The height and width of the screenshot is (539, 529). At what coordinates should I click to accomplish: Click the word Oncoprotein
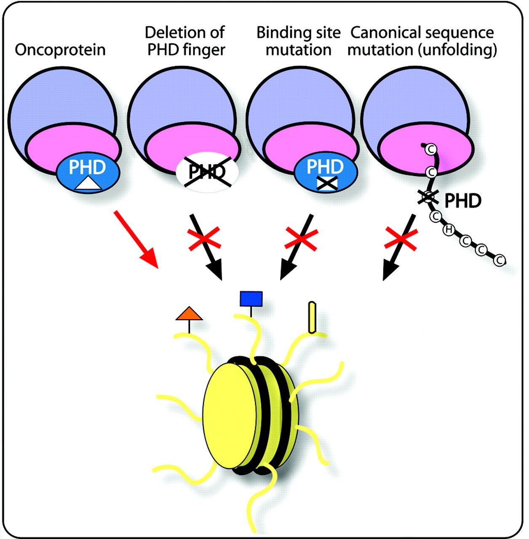click(60, 50)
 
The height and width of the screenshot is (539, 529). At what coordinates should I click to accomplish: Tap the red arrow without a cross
click(136, 239)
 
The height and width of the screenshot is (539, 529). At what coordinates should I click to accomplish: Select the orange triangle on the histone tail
click(189, 314)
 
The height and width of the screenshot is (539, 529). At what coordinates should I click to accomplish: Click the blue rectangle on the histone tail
click(251, 299)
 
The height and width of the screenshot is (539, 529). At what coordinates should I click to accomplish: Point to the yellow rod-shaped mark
click(312, 317)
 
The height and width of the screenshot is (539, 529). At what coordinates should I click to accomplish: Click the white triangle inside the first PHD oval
click(88, 184)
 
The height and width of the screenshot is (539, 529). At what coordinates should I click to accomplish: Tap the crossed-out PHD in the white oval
click(207, 171)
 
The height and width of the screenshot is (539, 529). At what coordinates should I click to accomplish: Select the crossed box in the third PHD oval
click(327, 184)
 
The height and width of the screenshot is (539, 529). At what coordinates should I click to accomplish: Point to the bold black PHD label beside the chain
click(463, 201)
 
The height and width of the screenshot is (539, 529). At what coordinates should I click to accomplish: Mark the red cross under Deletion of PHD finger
click(204, 239)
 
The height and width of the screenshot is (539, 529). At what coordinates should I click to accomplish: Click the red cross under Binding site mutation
click(301, 239)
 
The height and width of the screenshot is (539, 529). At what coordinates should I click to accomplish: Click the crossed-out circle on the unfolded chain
click(428, 197)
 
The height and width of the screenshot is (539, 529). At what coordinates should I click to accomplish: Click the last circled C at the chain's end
click(500, 261)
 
